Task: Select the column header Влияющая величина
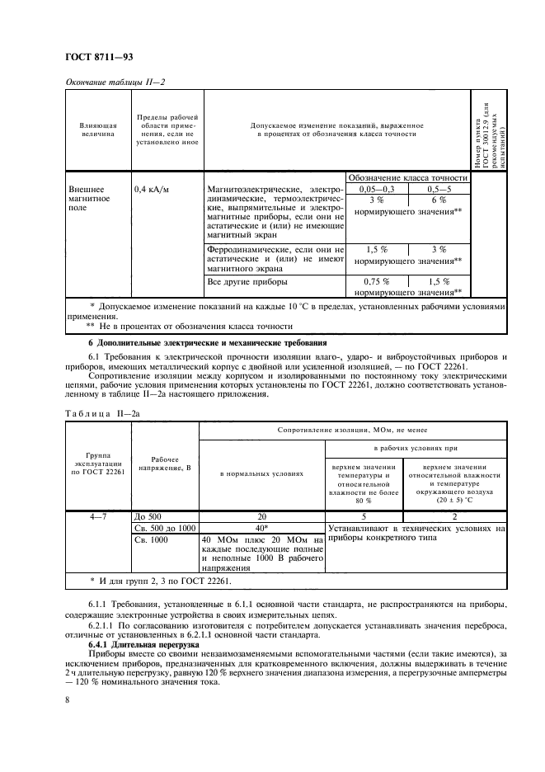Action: click(97, 129)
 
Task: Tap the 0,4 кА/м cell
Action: click(150, 189)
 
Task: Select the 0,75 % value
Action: click(375, 281)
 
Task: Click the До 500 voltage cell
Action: click(149, 515)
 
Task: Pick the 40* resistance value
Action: click(262, 526)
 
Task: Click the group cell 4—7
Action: click(97, 515)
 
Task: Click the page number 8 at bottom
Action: click(68, 699)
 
